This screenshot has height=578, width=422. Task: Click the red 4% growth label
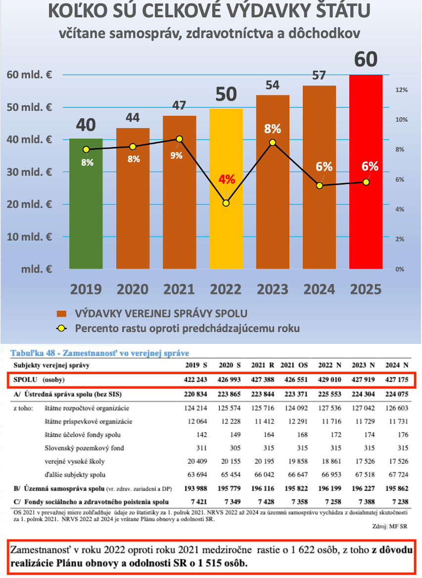pos(227,179)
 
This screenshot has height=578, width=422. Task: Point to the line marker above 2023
pos(273,143)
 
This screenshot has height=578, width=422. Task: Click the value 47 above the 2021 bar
pos(179,106)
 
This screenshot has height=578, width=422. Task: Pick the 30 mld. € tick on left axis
pos(29,172)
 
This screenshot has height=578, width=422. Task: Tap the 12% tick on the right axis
pos(401,90)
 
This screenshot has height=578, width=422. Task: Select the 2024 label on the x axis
pos(319,289)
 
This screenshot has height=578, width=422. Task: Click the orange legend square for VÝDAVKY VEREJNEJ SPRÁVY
pos(61,314)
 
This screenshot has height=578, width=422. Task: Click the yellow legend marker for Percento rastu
pos(61,328)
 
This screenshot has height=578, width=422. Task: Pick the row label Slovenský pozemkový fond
pos(82,447)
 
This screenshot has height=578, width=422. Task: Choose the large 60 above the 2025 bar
pos(365,59)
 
